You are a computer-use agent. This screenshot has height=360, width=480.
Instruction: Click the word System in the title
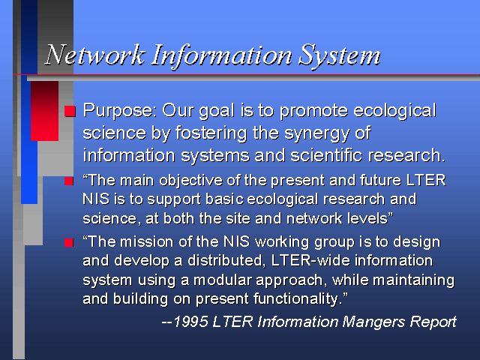coord(339,56)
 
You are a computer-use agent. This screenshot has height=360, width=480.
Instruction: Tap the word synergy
coord(317,133)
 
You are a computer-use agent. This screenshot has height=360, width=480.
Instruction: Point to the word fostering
coord(211,133)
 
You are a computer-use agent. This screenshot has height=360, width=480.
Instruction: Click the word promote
coord(313,111)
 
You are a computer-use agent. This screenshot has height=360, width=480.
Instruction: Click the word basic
coord(224,199)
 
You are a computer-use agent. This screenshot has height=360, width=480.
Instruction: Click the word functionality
coord(297,299)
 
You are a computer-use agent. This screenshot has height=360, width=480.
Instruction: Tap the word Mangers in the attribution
coord(373,322)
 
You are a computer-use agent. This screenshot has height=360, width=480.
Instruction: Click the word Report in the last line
coord(433,322)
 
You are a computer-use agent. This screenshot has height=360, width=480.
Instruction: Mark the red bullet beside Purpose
coord(70,111)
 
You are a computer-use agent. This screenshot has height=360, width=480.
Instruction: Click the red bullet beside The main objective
coord(69,181)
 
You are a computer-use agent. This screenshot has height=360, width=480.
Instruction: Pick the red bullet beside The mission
coord(69,242)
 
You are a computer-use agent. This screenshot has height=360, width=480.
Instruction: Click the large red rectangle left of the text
coord(45,111)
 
